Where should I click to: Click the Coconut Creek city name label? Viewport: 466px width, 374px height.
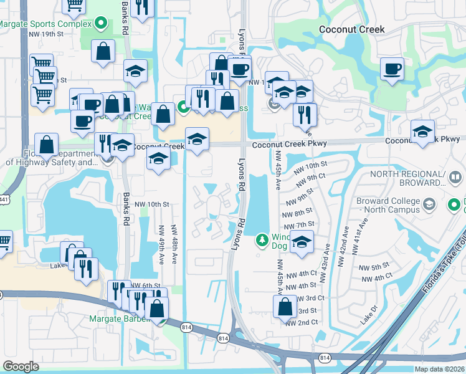click(x=351, y=29)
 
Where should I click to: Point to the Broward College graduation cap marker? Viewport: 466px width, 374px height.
click(x=429, y=204)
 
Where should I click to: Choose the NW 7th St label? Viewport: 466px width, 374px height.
click(x=298, y=224)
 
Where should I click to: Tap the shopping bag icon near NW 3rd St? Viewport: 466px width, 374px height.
click(x=285, y=306)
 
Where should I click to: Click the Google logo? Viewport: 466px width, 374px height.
click(x=21, y=367)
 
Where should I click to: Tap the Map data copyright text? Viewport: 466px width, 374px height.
click(x=439, y=369)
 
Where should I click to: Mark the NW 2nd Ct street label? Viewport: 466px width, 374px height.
click(x=302, y=322)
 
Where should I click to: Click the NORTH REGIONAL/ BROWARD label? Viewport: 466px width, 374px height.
click(x=409, y=178)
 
